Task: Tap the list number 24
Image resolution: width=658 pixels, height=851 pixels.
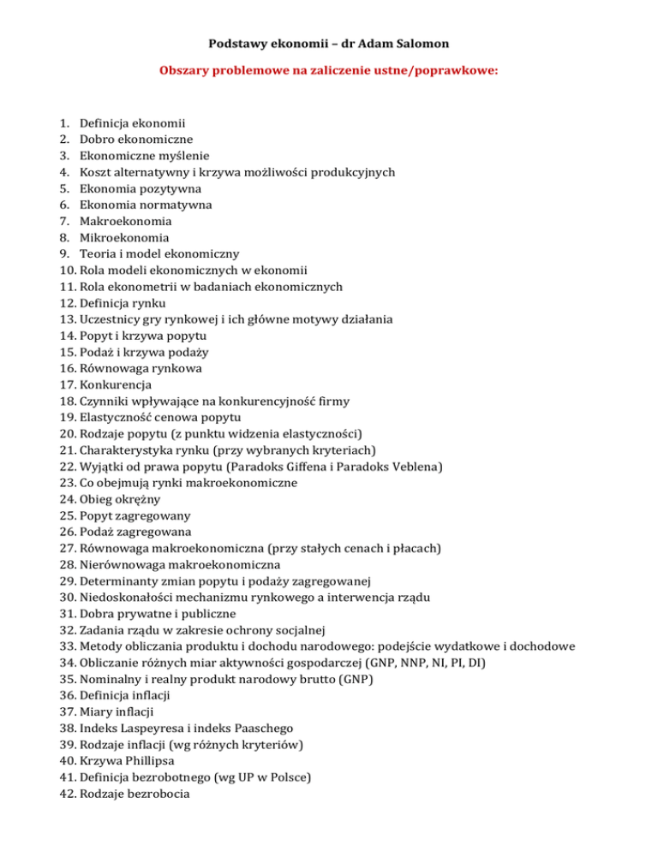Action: [68, 499]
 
